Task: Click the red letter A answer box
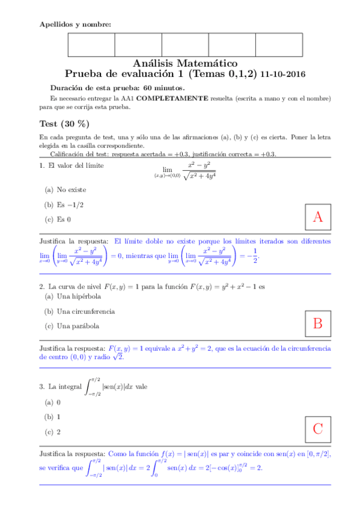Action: [318, 218]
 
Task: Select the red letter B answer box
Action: [318, 324]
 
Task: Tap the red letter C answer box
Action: [318, 429]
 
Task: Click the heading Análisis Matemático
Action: [185, 63]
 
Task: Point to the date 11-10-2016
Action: [282, 75]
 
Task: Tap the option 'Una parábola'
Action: [72, 326]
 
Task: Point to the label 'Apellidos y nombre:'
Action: [75, 24]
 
